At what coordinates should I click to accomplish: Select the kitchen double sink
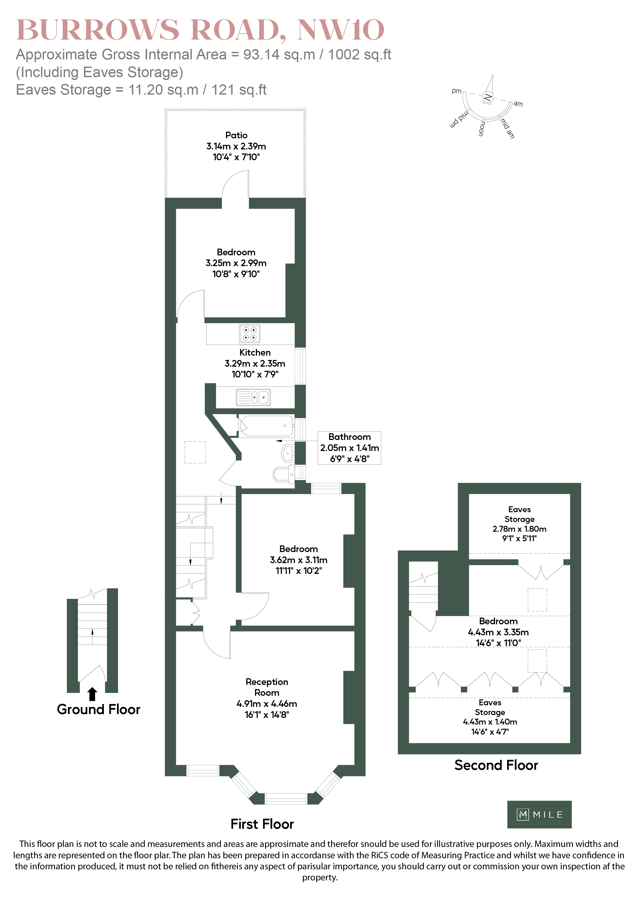(253, 397)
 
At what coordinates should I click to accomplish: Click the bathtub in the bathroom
(266, 426)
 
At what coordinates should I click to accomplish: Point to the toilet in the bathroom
(284, 474)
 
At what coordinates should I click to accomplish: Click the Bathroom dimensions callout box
(349, 448)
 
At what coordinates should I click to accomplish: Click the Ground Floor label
(98, 709)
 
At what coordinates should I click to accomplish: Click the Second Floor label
(496, 765)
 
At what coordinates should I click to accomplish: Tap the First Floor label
(262, 824)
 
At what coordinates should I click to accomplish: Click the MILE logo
(540, 814)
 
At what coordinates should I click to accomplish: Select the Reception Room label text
(267, 687)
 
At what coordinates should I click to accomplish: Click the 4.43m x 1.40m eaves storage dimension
(490, 722)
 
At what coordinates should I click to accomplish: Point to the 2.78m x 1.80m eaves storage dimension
(519, 529)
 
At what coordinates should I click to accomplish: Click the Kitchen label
(255, 353)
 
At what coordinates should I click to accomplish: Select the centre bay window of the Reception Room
(286, 799)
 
